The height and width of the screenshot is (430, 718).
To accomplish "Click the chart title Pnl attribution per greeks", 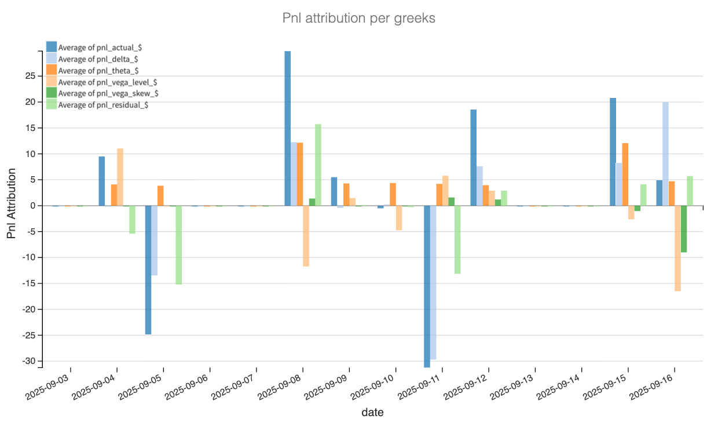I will (x=358, y=19).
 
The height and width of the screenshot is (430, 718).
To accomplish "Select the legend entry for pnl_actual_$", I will (x=93, y=48).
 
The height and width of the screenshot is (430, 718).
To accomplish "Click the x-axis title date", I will (x=372, y=413).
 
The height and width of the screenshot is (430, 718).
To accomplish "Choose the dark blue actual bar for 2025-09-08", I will (x=287, y=128).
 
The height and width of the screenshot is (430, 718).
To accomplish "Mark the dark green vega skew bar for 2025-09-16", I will (x=684, y=229).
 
